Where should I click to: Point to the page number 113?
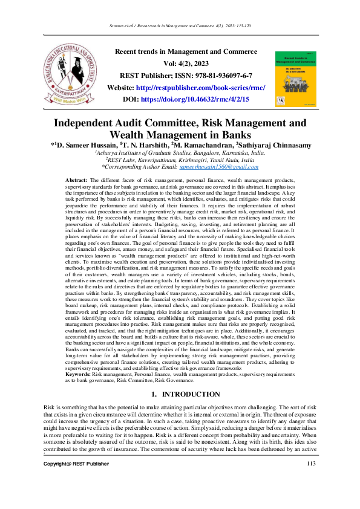click(312, 481)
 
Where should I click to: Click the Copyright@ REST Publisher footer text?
click(76, 481)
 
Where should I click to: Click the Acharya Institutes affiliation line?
click(180, 154)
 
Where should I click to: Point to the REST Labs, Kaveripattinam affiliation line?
click(180, 160)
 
